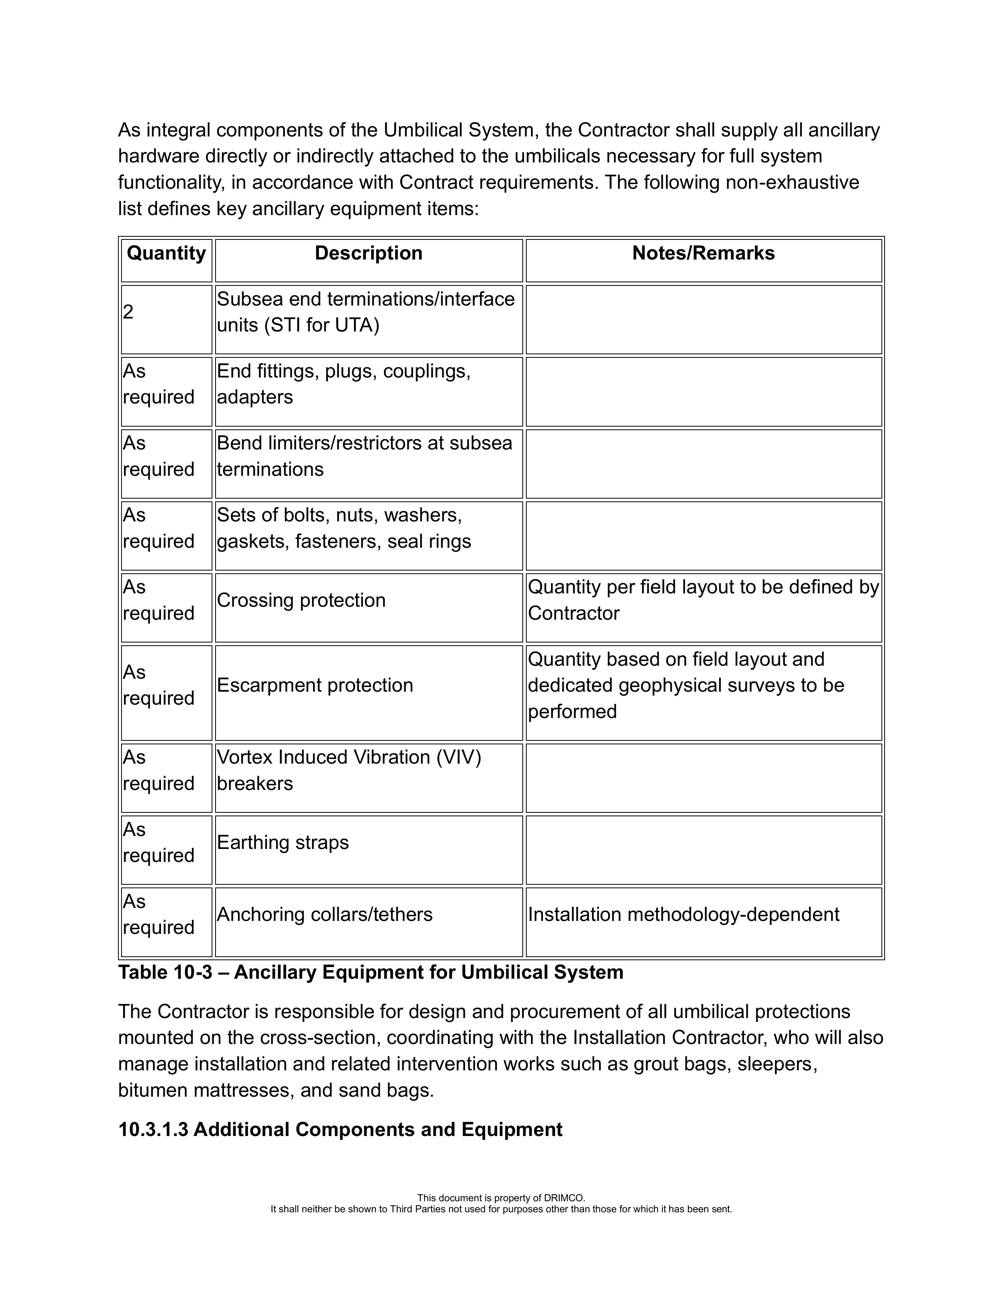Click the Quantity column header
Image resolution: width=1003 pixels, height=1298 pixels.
point(166,253)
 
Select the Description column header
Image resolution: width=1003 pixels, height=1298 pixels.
point(369,253)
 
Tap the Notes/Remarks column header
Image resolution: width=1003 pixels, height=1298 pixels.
point(703,253)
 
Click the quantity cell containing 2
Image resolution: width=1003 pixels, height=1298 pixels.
point(128,312)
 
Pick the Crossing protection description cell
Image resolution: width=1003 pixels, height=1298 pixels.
point(301,600)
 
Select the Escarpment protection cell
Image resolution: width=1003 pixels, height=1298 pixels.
point(315,685)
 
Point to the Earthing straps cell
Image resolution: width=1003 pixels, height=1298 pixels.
point(283,842)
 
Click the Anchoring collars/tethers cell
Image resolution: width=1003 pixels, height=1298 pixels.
point(324,914)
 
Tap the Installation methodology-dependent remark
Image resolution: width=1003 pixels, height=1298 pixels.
point(684,914)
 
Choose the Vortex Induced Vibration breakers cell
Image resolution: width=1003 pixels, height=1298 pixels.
point(349,770)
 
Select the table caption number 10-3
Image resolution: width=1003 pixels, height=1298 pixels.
point(193,972)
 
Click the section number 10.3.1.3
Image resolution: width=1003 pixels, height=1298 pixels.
point(153,1129)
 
